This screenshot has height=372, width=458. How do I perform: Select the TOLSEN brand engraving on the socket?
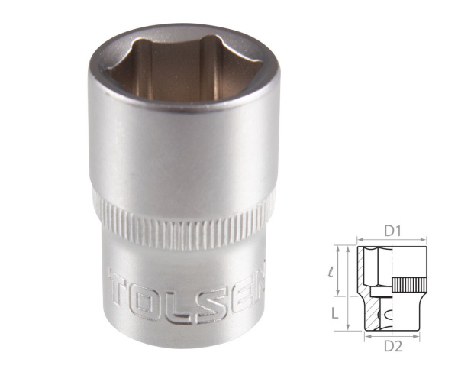point(187,288)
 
